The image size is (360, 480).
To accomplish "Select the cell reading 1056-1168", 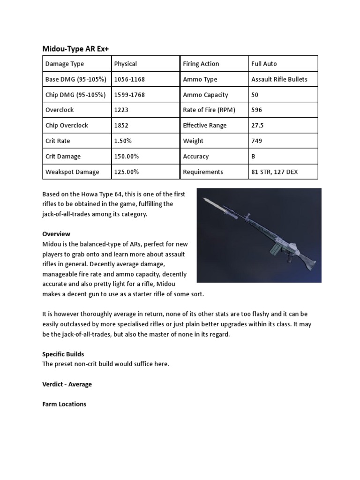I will [x=129, y=79].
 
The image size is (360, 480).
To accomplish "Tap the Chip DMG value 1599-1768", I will [x=129, y=95].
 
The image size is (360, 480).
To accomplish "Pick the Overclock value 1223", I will [x=121, y=110].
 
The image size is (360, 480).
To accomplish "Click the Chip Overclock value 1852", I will [x=121, y=125].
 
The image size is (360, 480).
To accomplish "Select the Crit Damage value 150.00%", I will [x=127, y=156].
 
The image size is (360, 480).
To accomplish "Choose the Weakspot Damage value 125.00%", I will [x=127, y=172].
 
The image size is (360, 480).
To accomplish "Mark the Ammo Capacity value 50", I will [x=255, y=95].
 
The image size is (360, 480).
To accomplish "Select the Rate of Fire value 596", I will [x=257, y=110].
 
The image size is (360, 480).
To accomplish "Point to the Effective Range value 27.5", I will [x=258, y=125].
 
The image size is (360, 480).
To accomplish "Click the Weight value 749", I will [x=257, y=141].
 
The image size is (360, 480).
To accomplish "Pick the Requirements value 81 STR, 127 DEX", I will [x=274, y=172].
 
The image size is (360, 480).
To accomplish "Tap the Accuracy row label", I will [x=196, y=156].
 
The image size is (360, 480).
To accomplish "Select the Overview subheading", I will [x=56, y=233].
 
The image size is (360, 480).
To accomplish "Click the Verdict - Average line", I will [x=67, y=384].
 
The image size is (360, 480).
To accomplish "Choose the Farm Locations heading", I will [x=64, y=404].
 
